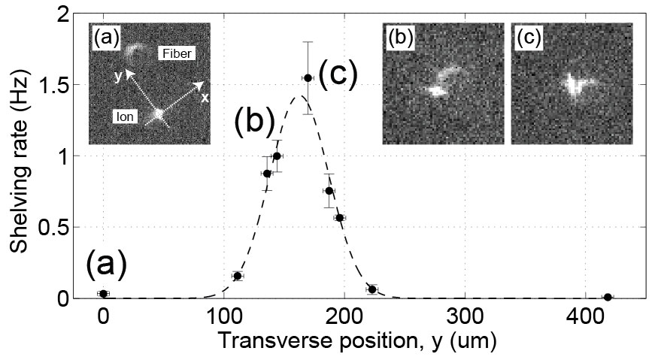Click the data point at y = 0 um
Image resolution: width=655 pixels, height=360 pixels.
point(103,294)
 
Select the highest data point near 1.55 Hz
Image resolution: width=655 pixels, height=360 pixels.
point(308,78)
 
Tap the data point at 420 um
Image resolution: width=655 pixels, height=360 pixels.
point(608,298)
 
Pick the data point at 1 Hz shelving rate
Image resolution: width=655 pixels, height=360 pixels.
point(277,156)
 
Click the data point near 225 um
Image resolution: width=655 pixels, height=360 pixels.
point(371,289)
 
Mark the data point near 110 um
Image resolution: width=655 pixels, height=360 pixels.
point(238,277)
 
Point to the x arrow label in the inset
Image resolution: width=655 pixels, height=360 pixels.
point(204,98)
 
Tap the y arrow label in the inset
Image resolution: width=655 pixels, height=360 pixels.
point(119,75)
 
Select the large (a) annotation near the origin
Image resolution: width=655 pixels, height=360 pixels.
point(105,265)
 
